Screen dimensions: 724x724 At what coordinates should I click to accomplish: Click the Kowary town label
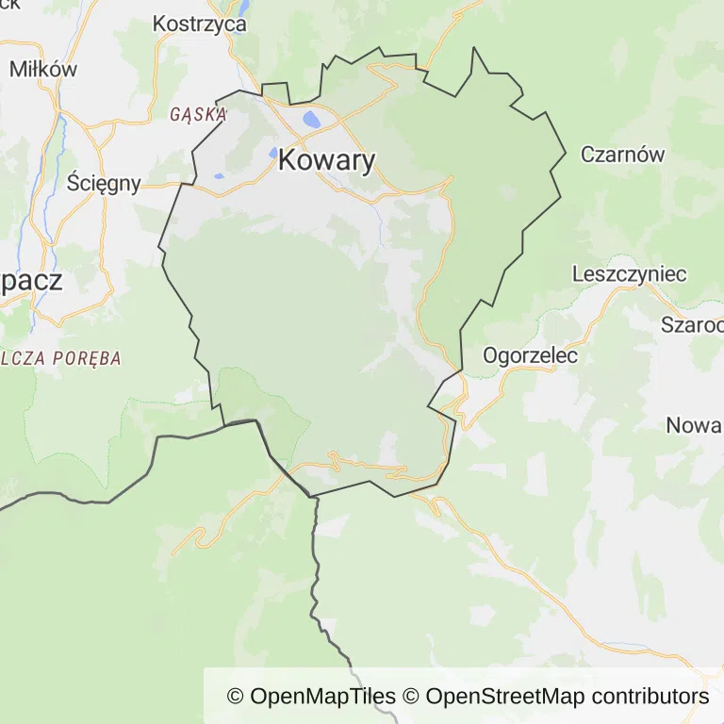(x=326, y=161)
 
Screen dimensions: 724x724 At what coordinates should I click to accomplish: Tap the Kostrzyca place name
(x=199, y=24)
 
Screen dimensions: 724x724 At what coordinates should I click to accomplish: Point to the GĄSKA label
(x=198, y=115)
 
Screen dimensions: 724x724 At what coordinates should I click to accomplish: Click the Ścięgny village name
(x=104, y=183)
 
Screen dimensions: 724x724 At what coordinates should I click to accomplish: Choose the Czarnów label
(x=622, y=155)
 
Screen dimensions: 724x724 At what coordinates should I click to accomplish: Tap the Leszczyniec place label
(x=630, y=274)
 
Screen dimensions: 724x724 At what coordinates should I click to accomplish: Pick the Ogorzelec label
(x=530, y=355)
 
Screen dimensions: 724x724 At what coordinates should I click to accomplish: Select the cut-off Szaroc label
(x=692, y=325)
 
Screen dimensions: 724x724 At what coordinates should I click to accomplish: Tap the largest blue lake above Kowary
(x=310, y=120)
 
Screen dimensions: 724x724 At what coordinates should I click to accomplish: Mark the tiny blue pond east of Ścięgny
(x=219, y=175)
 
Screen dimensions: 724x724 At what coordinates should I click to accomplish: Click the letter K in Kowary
(x=288, y=161)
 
